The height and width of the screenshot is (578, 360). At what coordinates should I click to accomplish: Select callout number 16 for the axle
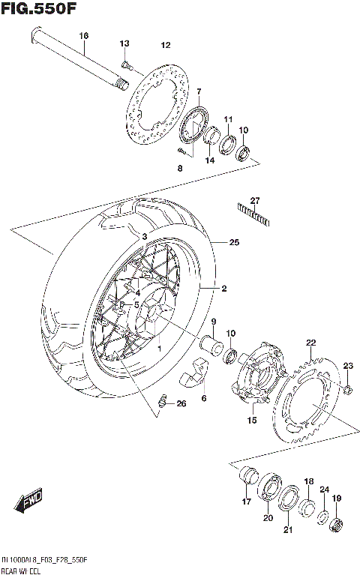[83, 36]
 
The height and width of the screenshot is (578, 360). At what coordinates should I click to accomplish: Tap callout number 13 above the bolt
[124, 43]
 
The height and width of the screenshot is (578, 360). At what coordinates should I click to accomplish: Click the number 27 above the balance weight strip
[254, 200]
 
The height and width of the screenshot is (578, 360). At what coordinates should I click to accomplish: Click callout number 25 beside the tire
[235, 243]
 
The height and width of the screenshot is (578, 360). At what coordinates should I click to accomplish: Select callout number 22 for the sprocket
[310, 343]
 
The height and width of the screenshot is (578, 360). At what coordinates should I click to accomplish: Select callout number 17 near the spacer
[245, 502]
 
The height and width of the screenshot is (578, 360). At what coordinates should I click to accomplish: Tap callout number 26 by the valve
[181, 404]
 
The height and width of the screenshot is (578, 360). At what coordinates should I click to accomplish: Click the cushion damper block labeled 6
[192, 373]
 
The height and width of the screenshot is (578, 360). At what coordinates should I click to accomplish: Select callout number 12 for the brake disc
[166, 44]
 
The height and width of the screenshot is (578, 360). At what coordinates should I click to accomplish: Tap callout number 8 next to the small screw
[179, 169]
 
